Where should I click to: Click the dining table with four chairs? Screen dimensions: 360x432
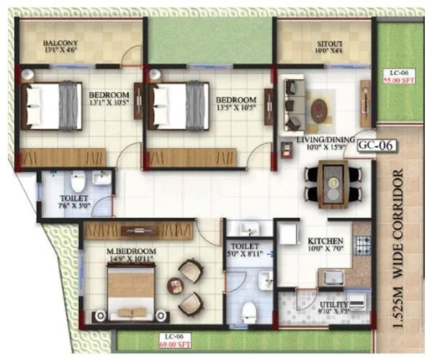(x=333, y=184)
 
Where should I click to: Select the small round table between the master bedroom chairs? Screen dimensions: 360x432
(x=175, y=286)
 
